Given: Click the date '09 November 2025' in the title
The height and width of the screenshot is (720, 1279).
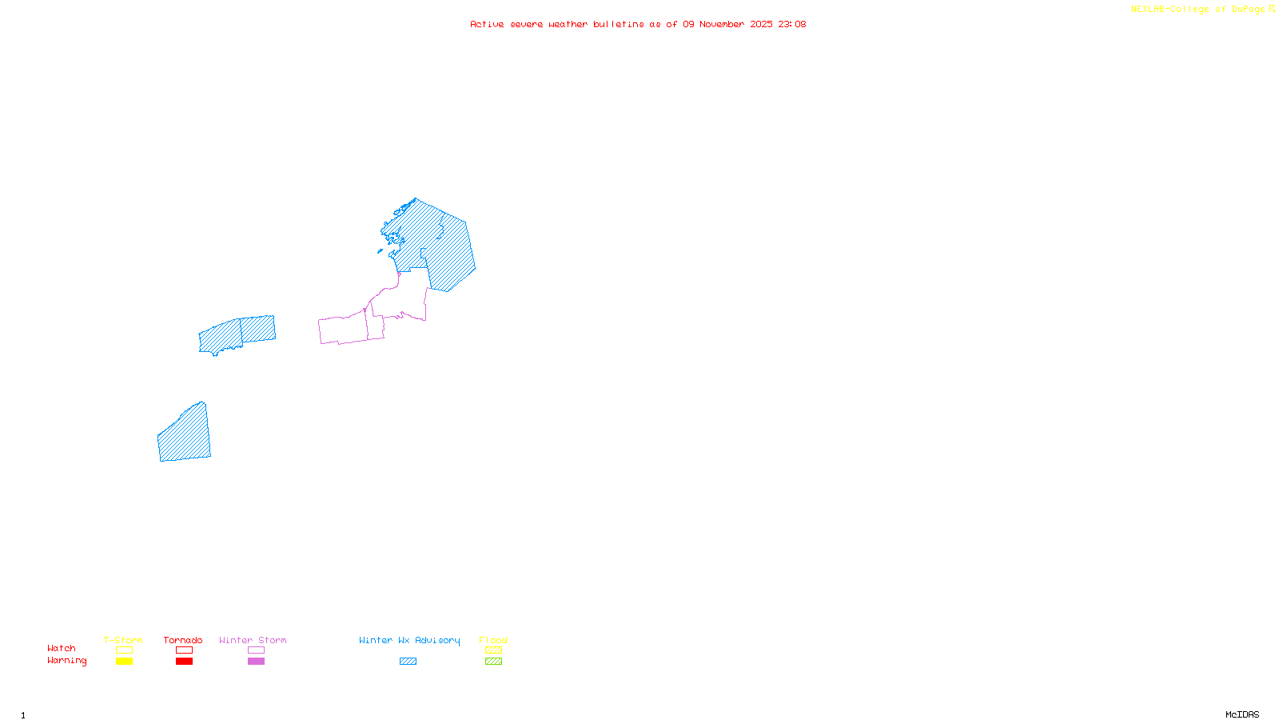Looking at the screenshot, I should [x=727, y=25].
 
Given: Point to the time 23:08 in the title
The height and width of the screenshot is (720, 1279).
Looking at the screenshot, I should [x=792, y=25].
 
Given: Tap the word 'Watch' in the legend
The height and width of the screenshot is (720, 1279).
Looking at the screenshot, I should [x=62, y=649].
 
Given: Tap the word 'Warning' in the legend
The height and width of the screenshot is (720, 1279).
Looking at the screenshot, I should [x=66, y=661].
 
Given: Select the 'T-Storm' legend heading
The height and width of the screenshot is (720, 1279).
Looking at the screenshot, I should [x=123, y=640].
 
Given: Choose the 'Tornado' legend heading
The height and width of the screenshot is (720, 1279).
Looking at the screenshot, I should [x=183, y=640].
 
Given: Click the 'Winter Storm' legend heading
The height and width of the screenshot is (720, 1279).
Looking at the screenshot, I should [x=253, y=640].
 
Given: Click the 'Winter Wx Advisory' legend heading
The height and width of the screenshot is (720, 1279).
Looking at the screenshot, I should [x=409, y=640].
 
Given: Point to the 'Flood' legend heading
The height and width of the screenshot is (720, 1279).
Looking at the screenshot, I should [x=493, y=640].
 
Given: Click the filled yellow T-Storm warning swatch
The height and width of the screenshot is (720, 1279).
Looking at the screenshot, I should [x=124, y=662].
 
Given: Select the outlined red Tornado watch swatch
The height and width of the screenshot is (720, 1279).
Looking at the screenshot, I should [x=184, y=650].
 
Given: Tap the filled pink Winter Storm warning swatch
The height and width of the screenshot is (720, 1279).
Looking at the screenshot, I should [x=256, y=662].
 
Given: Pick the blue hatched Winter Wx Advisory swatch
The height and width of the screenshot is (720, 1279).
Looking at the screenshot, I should [x=408, y=662].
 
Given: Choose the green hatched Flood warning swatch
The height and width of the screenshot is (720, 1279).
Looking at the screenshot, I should [x=493, y=662].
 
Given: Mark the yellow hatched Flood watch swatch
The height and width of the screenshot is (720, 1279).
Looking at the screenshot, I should [x=493, y=650].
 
